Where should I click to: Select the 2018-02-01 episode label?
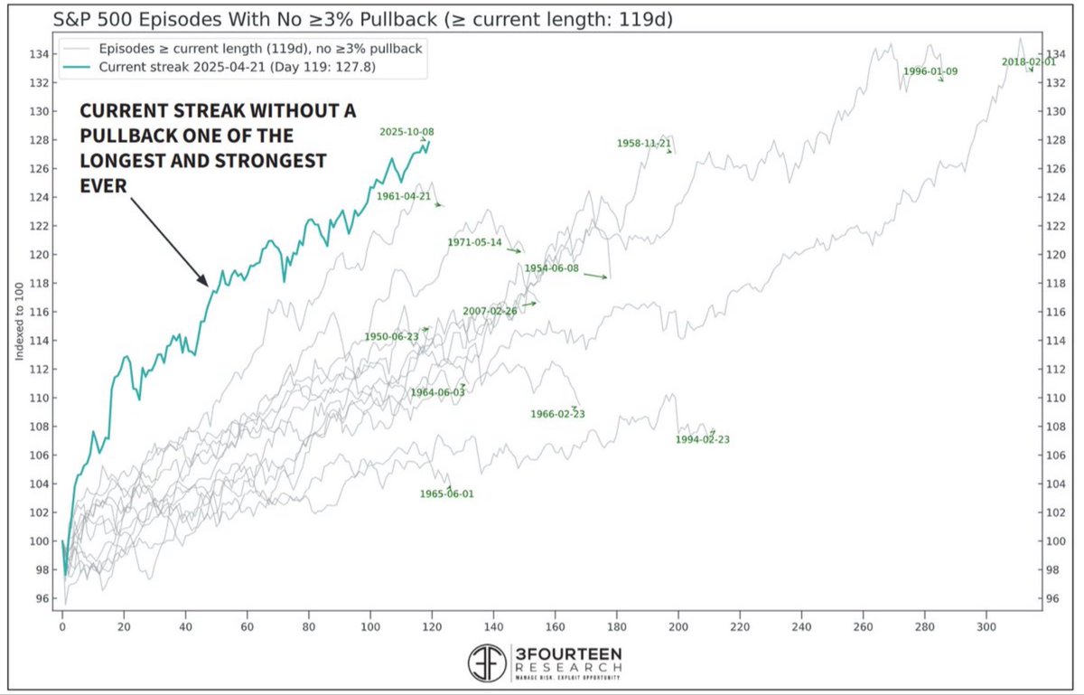(1028, 61)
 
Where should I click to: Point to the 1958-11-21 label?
(643, 143)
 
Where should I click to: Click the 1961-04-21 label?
(404, 195)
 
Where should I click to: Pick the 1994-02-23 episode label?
(702, 440)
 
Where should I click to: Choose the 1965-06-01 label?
(446, 494)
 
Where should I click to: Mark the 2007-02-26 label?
(490, 311)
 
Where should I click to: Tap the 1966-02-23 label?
(557, 415)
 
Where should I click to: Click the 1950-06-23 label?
(391, 336)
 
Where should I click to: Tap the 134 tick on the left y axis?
(42, 53)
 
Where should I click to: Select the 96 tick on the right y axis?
(1053, 598)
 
